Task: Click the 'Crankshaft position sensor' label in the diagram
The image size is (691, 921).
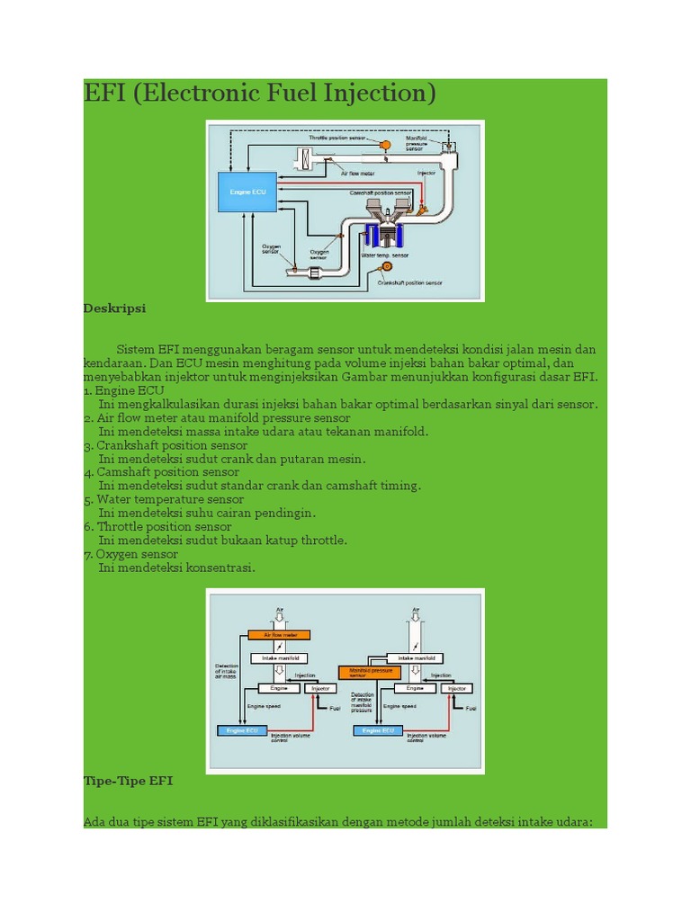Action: coord(410,283)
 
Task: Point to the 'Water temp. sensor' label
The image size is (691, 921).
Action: coord(384,255)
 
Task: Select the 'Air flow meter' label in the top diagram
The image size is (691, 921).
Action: coord(357,174)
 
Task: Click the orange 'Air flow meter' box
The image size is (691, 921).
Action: coord(279,635)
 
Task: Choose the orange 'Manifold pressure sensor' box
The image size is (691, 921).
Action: coord(369,672)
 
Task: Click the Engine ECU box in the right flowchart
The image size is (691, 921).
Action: coord(378,731)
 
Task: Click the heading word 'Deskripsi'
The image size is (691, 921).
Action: coord(114,308)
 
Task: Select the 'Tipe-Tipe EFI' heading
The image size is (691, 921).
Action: coord(127,781)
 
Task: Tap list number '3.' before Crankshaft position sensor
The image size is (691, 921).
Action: coord(88,445)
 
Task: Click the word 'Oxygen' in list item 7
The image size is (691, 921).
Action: coord(118,554)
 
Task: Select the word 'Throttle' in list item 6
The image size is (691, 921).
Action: coord(120,526)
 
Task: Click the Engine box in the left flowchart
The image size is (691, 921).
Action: coord(279,688)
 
